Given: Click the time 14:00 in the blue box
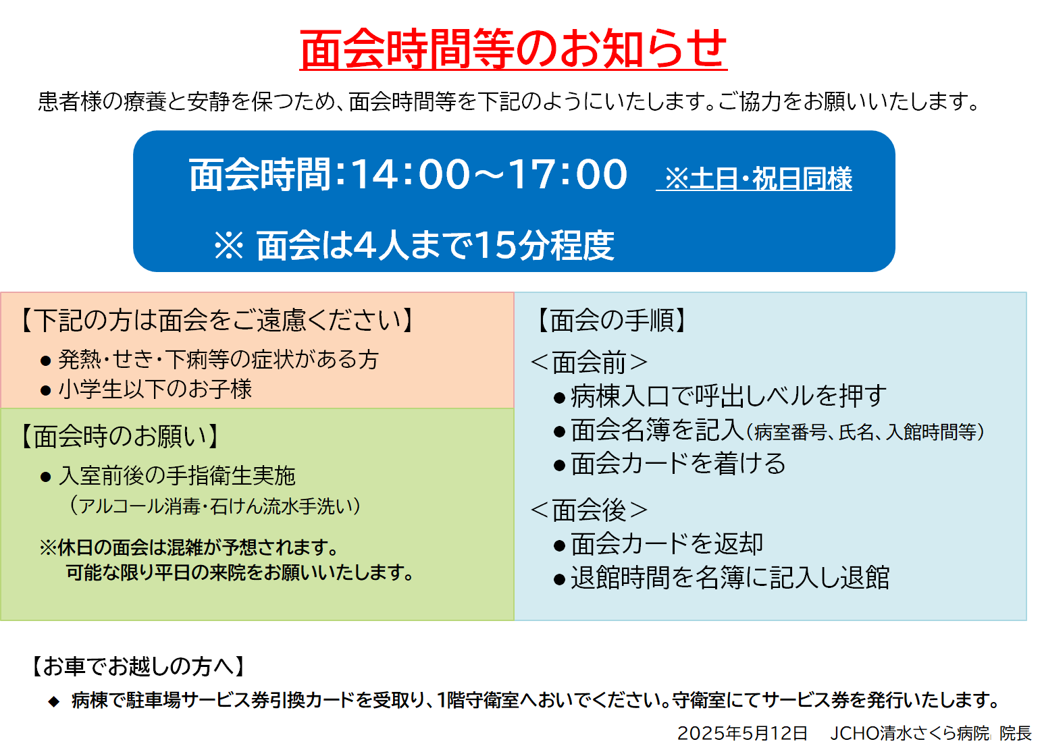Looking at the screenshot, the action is (411, 174).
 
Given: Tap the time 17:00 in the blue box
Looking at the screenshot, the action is (567, 174).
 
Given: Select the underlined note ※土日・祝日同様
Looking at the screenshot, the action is (754, 179).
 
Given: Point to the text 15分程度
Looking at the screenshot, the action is (545, 246).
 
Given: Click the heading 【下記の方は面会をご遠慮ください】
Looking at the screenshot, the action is (217, 320).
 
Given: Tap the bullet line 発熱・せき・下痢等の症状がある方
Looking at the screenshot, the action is (209, 360).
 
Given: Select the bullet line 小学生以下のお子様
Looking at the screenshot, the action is (146, 390).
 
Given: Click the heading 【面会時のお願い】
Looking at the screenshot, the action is (119, 436).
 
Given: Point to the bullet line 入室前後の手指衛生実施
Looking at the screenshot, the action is (168, 476).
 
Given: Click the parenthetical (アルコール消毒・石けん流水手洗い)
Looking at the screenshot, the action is (215, 506).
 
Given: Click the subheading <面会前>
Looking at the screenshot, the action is (589, 362).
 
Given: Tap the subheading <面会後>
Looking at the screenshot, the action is (589, 510).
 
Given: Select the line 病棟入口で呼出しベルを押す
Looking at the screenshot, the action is (720, 396).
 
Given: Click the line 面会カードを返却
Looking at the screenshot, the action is (658, 543).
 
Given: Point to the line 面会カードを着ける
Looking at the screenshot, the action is (670, 464).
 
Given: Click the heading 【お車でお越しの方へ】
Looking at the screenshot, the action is (138, 666).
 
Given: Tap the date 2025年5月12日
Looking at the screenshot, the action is (742, 733).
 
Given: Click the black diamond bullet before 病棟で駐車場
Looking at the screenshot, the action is (54, 701).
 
